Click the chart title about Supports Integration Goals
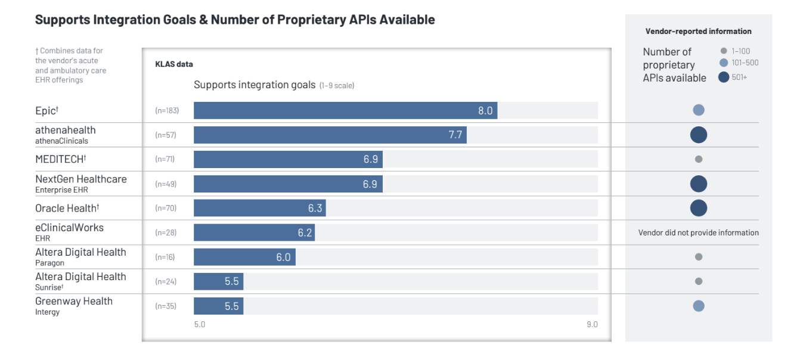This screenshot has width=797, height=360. tap(235, 20)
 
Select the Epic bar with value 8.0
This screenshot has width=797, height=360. tap(345, 110)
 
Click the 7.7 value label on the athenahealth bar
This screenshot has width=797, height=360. tap(455, 135)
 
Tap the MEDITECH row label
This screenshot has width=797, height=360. tap(61, 159)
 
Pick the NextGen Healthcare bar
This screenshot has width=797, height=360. tap(288, 184)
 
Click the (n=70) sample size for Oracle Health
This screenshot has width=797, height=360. tap(166, 208)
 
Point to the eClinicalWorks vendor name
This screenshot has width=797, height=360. tap(69, 228)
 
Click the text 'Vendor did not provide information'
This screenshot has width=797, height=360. tap(698, 232)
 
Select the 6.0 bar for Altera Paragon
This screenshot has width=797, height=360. tap(244, 257)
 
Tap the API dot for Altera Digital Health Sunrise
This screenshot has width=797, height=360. tap(699, 281)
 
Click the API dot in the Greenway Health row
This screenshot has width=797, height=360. tap(699, 306)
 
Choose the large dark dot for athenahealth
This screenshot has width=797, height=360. tap(699, 135)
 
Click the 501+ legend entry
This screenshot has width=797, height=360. tap(733, 77)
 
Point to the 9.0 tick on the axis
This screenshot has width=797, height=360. tap(591, 324)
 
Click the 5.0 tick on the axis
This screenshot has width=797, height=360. tap(199, 324)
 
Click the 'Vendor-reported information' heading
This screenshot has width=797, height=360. tap(698, 32)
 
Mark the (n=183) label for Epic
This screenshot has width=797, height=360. tap(167, 110)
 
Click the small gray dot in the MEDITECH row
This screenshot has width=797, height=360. tap(699, 159)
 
